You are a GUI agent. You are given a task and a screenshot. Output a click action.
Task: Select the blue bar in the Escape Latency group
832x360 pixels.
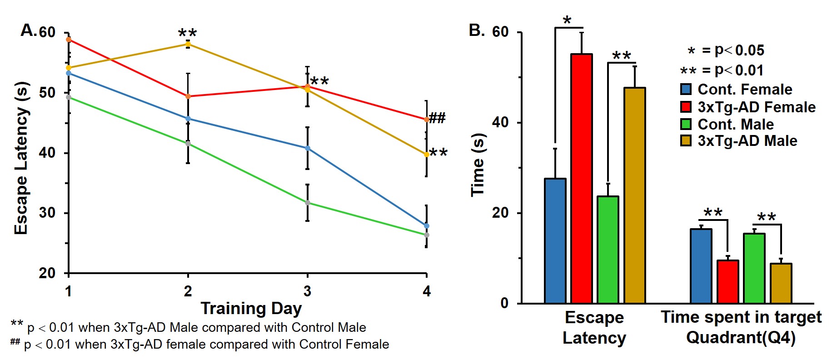555,240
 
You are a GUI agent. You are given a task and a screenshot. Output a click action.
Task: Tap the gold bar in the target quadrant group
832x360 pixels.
781,283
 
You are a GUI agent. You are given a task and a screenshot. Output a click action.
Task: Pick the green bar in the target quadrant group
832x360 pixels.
754,268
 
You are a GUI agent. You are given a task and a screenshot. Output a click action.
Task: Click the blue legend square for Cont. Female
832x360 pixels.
686,89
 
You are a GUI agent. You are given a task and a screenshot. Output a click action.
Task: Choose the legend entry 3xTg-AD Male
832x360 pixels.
747,141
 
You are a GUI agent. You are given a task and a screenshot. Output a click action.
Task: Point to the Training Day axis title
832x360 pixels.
251,308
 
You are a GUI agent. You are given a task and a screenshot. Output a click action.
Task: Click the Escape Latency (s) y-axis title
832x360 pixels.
21,158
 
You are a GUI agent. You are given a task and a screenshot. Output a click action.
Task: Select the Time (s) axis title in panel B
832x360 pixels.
478,165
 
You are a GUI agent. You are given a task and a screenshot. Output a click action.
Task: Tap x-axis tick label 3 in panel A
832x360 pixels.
307,291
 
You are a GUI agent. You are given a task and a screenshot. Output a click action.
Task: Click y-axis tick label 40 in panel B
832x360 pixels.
500,122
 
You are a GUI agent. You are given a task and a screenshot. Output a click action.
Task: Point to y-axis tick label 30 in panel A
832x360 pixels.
47,213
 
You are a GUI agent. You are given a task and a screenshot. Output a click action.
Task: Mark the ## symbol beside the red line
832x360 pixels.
437,118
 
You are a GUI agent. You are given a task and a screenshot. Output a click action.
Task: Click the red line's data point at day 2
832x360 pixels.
188,96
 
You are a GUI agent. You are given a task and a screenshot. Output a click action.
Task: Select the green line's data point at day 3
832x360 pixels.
308,203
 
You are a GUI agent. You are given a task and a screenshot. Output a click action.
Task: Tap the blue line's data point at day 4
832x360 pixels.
426,226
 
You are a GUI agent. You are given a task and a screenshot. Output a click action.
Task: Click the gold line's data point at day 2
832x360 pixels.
188,44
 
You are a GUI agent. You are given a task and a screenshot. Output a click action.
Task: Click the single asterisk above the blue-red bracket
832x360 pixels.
567,20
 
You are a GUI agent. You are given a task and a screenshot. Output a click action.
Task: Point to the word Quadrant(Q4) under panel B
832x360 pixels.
741,338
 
